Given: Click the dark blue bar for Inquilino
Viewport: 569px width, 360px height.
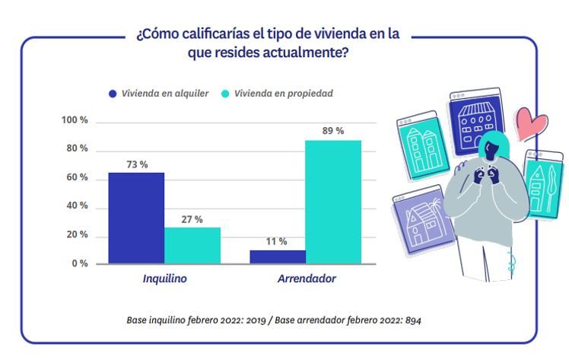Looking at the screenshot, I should coord(136,218).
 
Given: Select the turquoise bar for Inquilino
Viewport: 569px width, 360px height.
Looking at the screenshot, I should coord(192,245).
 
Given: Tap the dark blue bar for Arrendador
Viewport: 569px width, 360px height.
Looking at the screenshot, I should coord(278,256).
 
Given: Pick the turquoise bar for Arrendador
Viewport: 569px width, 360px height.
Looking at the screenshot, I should coord(333,202).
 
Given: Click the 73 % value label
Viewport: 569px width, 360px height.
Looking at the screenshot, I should coord(137,164).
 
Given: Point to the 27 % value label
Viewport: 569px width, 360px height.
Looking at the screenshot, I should coord(192,219).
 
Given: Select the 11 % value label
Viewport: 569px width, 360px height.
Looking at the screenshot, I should coord(276,241).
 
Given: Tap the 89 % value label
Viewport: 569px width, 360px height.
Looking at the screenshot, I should coord(333,131).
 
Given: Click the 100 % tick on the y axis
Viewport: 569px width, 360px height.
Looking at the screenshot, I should coord(75,121).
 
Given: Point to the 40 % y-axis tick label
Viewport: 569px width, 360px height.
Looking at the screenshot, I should coord(77,206).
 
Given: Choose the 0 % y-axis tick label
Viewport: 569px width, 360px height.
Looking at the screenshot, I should coord(79,263).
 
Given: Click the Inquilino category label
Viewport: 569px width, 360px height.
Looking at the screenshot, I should coord(164,279).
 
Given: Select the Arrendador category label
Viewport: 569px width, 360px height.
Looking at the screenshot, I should coord(306,279).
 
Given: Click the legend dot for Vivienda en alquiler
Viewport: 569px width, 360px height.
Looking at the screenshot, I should coord(113,94).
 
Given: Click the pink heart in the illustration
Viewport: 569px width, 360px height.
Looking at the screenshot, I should coord(530,123).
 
